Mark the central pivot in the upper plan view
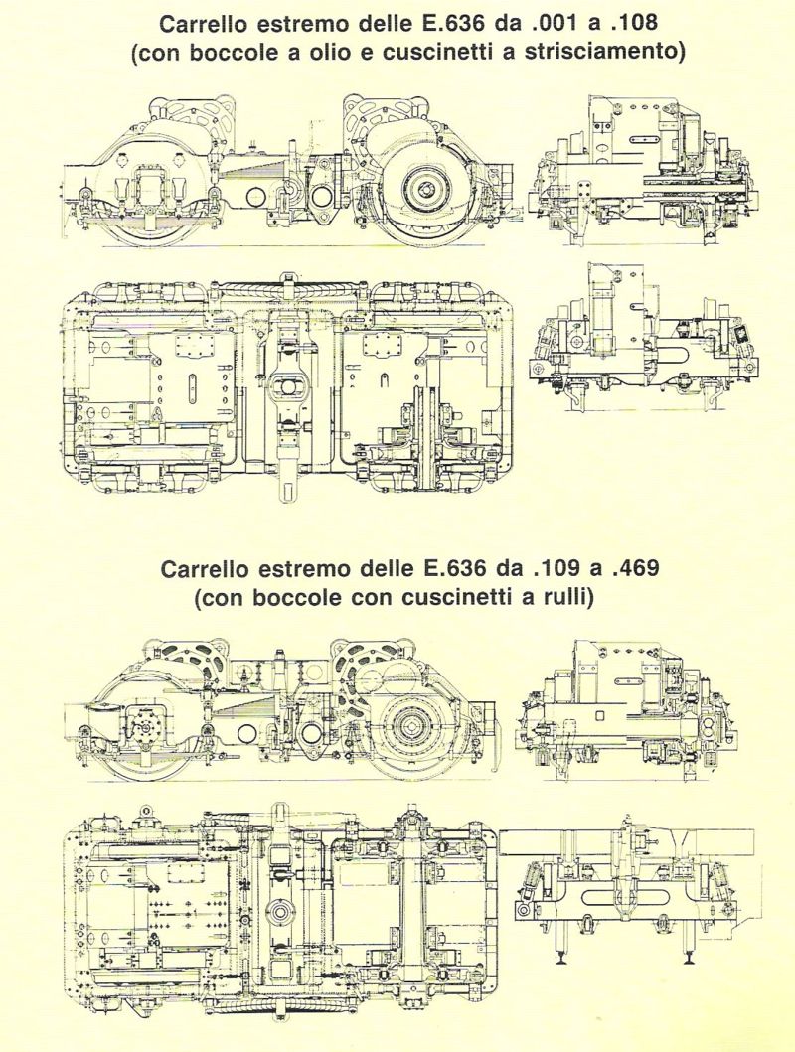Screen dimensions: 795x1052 coord(287,388)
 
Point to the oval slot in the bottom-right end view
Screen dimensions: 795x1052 coord(617,898)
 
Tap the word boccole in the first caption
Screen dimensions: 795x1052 coord(233,52)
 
